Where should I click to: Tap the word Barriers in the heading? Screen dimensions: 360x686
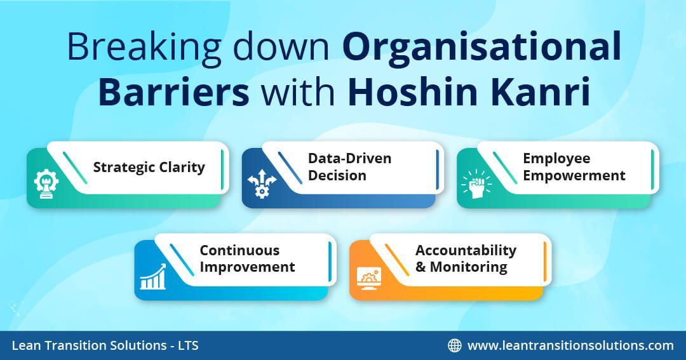pos(173,93)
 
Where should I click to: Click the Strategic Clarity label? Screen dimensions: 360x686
pos(149,168)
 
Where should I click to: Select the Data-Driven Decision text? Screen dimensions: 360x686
pos(349,167)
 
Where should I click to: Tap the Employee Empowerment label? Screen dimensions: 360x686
pos(574,167)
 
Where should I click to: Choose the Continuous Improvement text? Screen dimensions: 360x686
pos(247,258)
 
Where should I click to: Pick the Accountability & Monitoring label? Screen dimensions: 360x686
pos(466,258)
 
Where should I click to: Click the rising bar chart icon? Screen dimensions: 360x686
pos(153,277)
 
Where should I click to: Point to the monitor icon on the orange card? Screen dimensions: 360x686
pos(369,277)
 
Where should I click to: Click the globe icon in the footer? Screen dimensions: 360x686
pos(455,345)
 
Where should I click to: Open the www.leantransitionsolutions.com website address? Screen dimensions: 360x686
pos(570,345)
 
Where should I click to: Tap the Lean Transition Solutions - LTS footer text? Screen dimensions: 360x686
pos(105,345)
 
